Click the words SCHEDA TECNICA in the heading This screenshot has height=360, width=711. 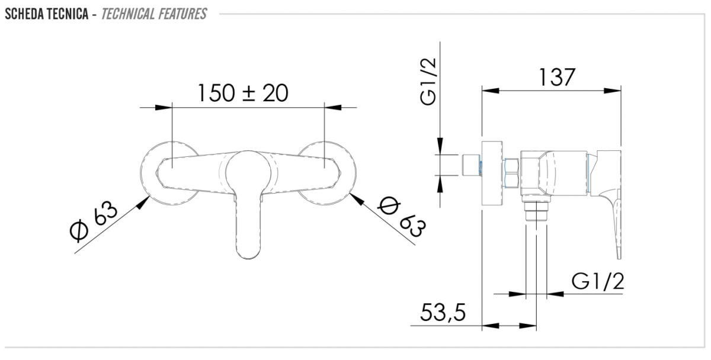[x=47, y=14]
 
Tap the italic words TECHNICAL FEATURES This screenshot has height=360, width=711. [x=154, y=14]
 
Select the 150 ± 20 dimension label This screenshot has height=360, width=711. [x=243, y=93]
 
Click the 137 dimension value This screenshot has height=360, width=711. [x=557, y=77]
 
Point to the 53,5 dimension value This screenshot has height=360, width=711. [x=443, y=313]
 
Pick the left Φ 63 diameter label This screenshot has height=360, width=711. [x=94, y=221]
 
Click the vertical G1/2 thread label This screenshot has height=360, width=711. [x=428, y=82]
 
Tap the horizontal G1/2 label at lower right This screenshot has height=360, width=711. [x=598, y=281]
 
